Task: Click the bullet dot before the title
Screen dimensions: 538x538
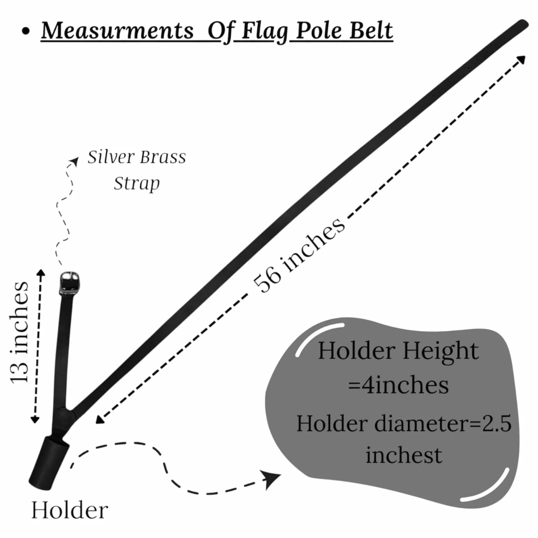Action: tap(26, 31)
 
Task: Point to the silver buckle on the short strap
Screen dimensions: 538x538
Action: tap(69, 282)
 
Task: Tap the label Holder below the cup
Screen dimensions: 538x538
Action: tap(70, 510)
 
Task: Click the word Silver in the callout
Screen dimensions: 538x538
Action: tap(111, 157)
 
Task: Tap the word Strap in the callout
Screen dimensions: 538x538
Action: tap(137, 184)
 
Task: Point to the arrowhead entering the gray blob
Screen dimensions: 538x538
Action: tap(272, 479)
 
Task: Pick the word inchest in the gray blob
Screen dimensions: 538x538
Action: tap(403, 456)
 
